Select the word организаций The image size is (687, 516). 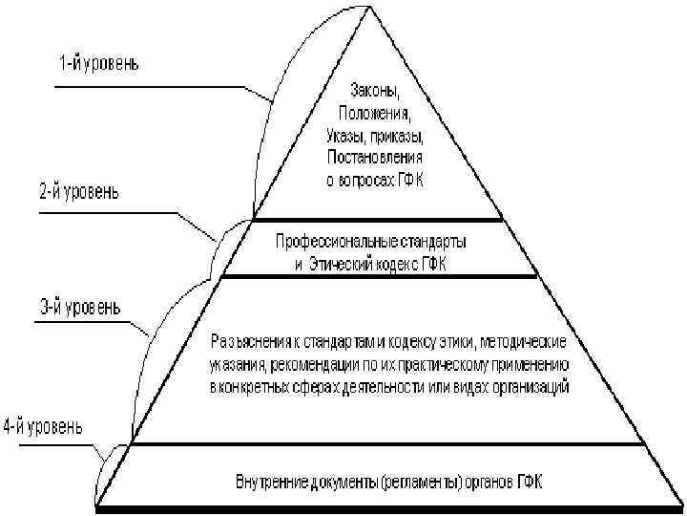click(532, 387)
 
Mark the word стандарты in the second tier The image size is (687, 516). click(438, 238)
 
